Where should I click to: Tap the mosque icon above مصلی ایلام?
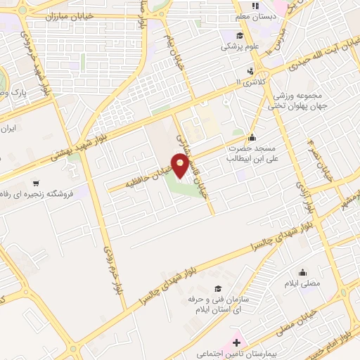pos(303,273)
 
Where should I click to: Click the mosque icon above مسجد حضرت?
pos(252,136)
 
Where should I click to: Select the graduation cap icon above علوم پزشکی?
pos(240,36)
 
